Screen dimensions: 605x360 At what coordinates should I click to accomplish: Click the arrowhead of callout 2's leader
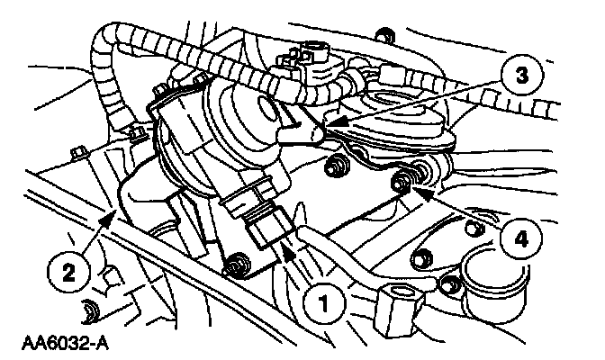[113, 210]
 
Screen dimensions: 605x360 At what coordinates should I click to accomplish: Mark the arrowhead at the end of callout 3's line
[325, 124]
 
